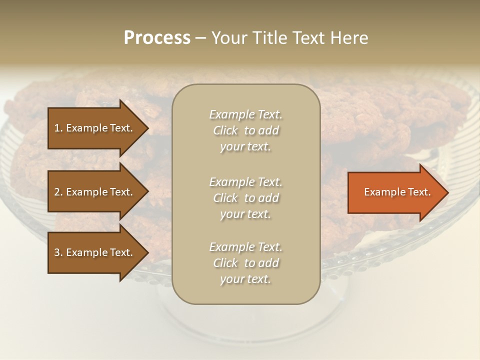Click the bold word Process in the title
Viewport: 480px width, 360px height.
click(157, 38)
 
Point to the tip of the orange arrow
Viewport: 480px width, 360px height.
click(447, 192)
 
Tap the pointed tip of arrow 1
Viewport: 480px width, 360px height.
click(147, 128)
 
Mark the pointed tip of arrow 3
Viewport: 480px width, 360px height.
click(147, 252)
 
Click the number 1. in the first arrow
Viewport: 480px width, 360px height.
click(58, 128)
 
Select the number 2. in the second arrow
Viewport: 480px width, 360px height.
click(58, 192)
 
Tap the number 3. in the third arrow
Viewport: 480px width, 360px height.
click(58, 252)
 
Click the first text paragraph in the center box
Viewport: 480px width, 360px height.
click(245, 130)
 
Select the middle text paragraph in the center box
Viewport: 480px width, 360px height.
click(245, 197)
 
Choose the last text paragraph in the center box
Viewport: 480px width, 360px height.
click(245, 263)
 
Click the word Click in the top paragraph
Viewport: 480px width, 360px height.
click(225, 131)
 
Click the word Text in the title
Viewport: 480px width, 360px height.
click(307, 38)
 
